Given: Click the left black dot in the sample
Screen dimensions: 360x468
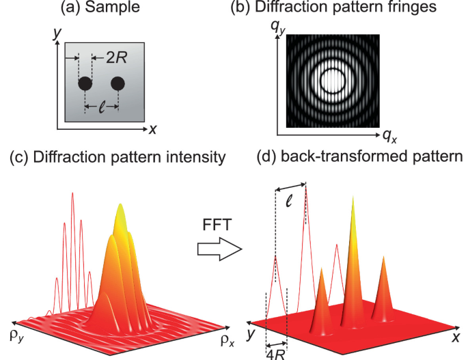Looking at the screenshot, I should (85, 84).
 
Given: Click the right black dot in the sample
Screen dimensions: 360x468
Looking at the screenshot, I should (118, 84).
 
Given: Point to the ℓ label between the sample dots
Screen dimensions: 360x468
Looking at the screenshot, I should (101, 107).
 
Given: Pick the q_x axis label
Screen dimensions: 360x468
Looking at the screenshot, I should (390, 136).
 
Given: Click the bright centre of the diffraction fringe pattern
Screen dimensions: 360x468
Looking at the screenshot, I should (333, 81).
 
